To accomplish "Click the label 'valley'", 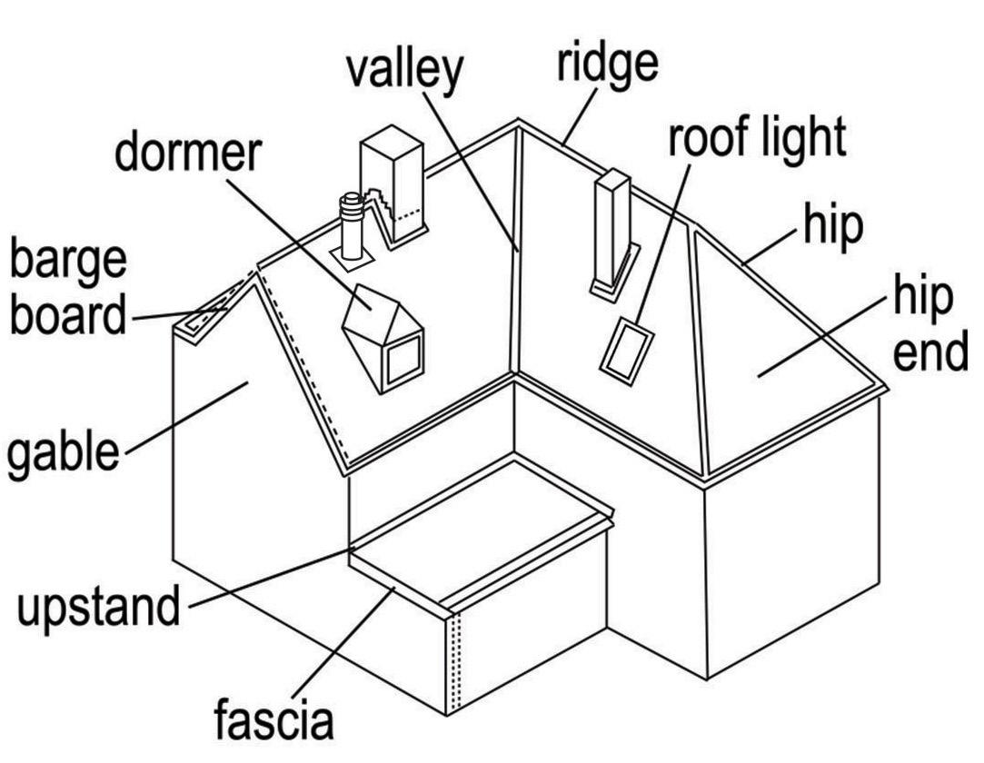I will (x=404, y=71).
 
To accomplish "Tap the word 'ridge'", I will (x=608, y=63).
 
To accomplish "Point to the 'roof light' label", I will (x=757, y=138).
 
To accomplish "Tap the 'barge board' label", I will (x=68, y=289).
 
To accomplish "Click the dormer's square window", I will (x=403, y=362).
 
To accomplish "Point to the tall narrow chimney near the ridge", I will (x=611, y=232).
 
